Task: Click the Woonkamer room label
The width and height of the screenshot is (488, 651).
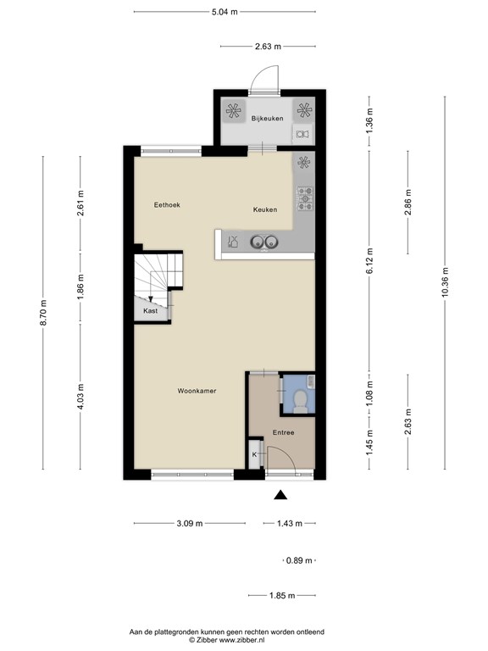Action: coord(197,391)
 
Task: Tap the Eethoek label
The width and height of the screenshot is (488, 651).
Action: coord(167,204)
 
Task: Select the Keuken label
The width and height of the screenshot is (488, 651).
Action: coord(265,209)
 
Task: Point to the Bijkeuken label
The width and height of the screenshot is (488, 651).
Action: coord(267,119)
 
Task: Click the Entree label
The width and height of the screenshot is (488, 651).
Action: coord(284,432)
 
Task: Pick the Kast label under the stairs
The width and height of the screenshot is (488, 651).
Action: coord(150,311)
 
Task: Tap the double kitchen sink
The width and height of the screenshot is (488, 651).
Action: coord(264,242)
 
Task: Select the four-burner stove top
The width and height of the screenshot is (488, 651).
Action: coord(305,199)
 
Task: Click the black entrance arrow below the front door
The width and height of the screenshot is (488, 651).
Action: coord(281,494)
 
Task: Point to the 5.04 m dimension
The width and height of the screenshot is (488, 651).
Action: coord(225,12)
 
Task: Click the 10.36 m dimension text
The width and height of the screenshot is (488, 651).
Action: coord(445,282)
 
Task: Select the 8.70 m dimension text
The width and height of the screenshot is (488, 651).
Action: coord(43,313)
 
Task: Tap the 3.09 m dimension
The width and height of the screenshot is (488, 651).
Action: coord(190,523)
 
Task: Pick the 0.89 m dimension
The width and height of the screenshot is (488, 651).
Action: coord(299,560)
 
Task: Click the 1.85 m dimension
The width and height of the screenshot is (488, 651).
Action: coord(282,595)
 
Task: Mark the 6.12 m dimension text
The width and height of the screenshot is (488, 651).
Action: coord(369,261)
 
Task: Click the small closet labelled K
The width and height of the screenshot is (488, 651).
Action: coord(255,453)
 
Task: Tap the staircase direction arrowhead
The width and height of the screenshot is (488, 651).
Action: coord(151,298)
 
